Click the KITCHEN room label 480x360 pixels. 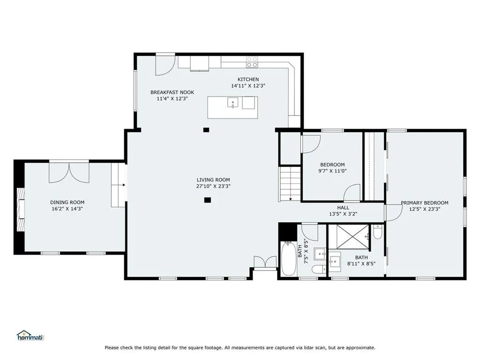coord(248,79)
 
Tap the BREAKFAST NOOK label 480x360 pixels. coord(172,92)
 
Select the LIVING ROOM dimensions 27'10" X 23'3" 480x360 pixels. coord(213,186)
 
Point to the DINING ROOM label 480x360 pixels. coord(67,202)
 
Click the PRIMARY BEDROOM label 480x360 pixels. coord(425,202)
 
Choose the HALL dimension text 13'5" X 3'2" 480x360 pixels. coord(343,214)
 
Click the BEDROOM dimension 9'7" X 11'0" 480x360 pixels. coord(332,171)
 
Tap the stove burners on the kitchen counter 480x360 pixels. coord(252,62)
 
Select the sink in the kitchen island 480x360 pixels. coord(232,103)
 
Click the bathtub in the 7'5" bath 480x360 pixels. coord(288,259)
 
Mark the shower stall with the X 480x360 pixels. coord(352,237)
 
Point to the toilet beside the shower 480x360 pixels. coord(378,232)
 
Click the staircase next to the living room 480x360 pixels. coord(289,184)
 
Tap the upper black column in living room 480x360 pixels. coord(206,130)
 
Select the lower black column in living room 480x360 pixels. coord(208,200)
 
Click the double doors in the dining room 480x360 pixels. coord(69,173)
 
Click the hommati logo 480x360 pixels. coord(30,336)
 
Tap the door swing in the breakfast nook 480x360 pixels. coord(165,65)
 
